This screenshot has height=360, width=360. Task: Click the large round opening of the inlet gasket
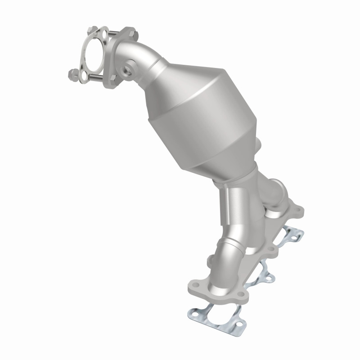[x=94, y=56]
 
